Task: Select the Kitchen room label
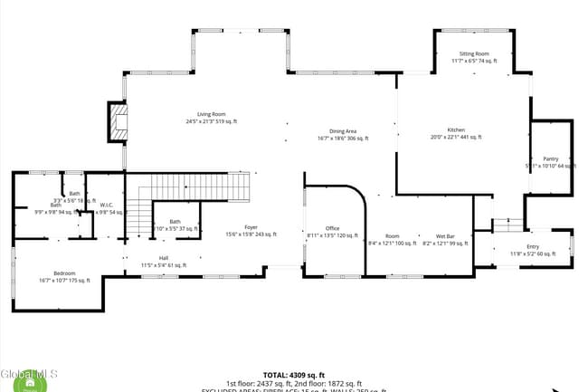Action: click(456, 130)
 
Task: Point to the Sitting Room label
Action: click(474, 54)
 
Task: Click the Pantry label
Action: click(551, 159)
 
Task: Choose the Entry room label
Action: click(533, 247)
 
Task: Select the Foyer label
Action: click(251, 227)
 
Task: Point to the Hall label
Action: click(164, 258)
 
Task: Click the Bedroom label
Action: click(64, 273)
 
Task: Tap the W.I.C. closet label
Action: click(106, 205)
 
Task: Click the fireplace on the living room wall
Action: click(119, 121)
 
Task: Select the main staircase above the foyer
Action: click(199, 187)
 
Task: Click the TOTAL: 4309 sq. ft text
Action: click(294, 374)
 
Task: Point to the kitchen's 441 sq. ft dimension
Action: click(456, 138)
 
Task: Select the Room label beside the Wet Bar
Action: click(392, 236)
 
